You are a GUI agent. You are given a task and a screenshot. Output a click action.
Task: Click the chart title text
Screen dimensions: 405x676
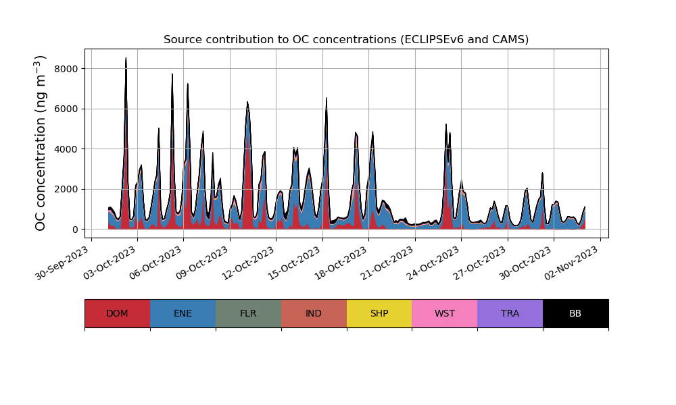pos(346,40)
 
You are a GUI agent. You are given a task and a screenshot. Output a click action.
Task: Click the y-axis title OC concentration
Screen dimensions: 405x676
pos(41,143)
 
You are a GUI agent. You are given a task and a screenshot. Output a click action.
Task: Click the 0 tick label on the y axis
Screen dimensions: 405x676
pos(74,230)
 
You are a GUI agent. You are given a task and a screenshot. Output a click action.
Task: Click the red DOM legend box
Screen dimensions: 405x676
pos(117,313)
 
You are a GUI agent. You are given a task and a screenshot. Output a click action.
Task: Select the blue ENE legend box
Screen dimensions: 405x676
pos(183,313)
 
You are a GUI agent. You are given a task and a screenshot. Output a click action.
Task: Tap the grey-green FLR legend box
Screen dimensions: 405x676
pos(248,313)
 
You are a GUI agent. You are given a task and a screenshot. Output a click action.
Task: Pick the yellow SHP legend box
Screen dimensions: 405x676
pos(379,313)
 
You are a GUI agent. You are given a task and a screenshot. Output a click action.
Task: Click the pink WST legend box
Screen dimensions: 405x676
pos(445,313)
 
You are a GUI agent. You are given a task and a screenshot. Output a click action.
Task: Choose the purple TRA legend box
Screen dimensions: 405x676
pos(510,313)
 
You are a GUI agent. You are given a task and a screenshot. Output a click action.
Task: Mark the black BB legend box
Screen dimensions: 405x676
pos(575,313)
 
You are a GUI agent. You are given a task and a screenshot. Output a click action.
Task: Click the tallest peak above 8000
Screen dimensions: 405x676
pos(126,59)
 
